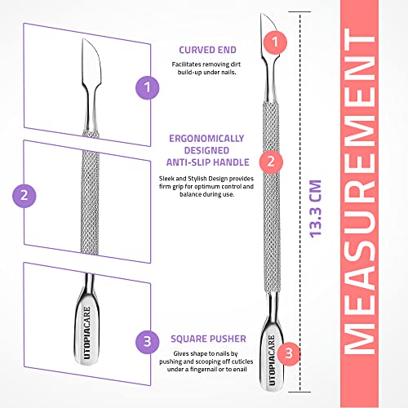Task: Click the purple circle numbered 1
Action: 148,85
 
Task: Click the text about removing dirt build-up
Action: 204,68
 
